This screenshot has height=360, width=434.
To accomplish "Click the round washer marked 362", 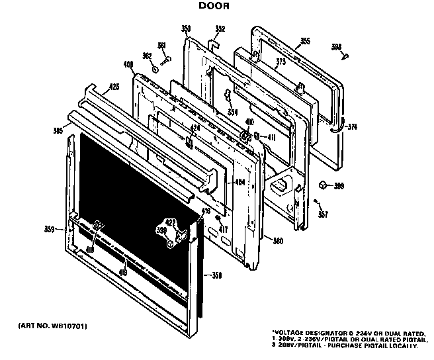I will coord(154,68).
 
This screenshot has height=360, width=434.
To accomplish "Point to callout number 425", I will coord(114,87).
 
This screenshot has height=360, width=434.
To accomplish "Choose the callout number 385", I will coord(58,131).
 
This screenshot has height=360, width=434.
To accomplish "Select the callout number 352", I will coord(220,28).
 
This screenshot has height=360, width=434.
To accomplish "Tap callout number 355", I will coord(305,42).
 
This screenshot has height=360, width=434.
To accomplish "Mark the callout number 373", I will coord(281,62).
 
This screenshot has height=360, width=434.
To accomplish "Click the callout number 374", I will coord(352,126).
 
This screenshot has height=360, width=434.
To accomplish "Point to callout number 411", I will coord(271,138).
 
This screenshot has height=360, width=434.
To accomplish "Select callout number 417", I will coord(224,230).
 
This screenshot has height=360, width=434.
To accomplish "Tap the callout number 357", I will coord(323,214).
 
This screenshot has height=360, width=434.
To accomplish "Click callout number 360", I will coord(278,241).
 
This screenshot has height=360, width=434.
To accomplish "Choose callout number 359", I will coord(48,230).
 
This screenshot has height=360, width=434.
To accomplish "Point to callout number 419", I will coord(123,272).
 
